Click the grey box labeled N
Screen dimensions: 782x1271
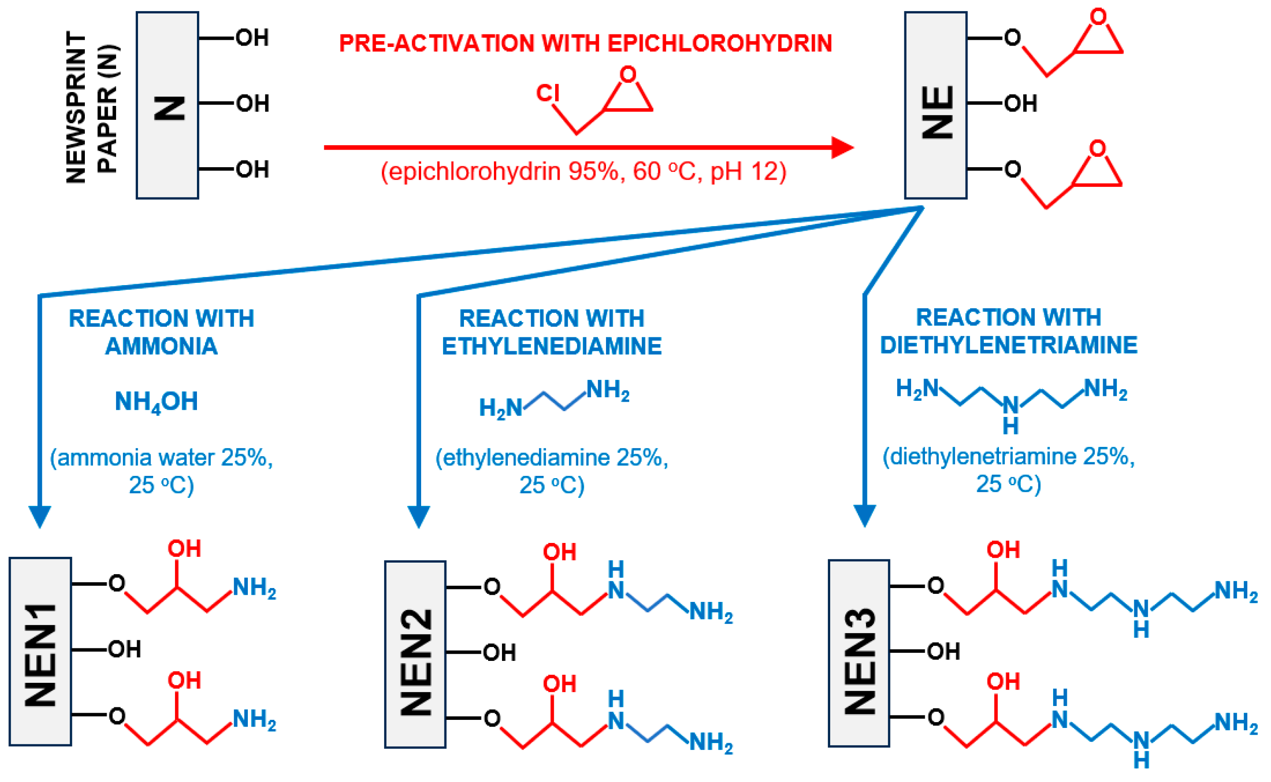167,105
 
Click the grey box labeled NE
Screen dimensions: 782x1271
935,105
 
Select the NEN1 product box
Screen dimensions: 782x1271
40,651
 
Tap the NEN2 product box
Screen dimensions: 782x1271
415,654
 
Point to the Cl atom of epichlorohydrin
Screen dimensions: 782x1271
548,93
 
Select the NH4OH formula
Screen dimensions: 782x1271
156,402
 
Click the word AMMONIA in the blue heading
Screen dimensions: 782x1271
161,346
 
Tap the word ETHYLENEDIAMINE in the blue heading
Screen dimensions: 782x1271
552,346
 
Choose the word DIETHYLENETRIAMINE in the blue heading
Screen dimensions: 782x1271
1008,345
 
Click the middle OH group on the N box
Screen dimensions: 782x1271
252,103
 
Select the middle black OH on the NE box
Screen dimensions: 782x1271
1020,103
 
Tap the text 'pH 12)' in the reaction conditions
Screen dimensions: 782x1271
748,171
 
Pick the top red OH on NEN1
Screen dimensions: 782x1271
184,549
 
